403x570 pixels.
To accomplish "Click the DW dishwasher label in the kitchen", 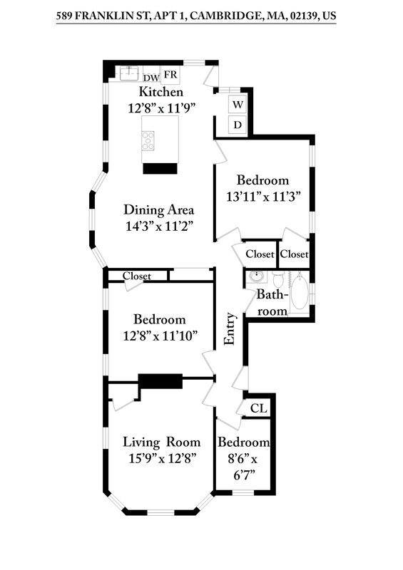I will (x=151, y=78).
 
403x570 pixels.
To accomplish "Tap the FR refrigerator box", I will (x=171, y=75).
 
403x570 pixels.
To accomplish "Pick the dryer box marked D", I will (x=238, y=125).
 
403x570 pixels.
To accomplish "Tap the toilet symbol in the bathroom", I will (x=278, y=278).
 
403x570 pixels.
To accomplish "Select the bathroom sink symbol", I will (x=256, y=276).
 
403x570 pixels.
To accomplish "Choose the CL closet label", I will (x=259, y=408).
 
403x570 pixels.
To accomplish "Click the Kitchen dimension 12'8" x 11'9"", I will (x=161, y=108).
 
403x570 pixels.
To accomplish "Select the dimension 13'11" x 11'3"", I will (x=262, y=197).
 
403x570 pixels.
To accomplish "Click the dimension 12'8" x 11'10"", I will (x=160, y=335).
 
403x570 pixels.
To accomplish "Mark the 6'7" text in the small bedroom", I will (x=244, y=473).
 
